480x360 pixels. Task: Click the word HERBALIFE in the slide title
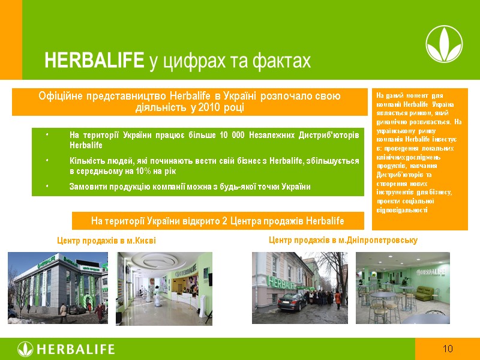pos(94,61)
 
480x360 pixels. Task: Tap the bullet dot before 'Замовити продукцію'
pos(47,187)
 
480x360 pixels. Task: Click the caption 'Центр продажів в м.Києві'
pos(106,241)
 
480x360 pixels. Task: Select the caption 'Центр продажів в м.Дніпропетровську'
pos(343,240)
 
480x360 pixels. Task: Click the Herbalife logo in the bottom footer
pos(66,349)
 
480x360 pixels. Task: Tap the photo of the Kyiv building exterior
pos(58,288)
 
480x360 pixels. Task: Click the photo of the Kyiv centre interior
pos(164,288)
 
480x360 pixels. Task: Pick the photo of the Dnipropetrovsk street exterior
pos(299,288)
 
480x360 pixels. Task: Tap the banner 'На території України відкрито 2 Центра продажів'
pos(217,221)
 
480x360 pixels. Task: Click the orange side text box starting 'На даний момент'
pos(419,159)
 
